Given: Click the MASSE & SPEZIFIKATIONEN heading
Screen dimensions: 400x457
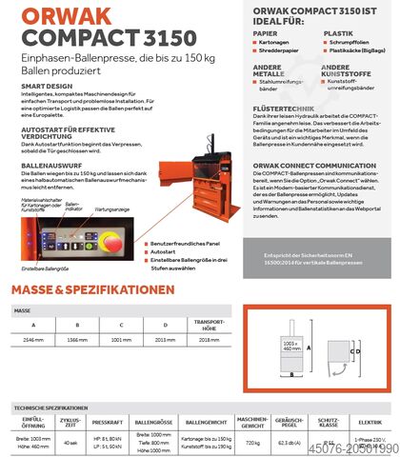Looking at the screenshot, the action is click(x=92, y=288).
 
